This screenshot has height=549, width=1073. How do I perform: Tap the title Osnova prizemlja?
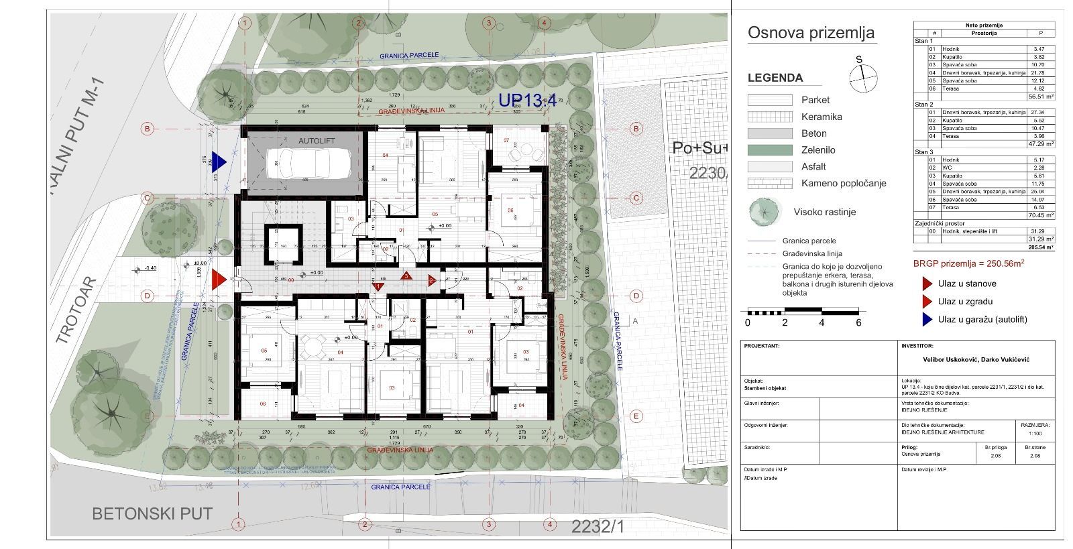pyautogui.click(x=811, y=33)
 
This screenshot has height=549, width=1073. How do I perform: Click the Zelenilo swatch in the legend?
pyautogui.click(x=770, y=150)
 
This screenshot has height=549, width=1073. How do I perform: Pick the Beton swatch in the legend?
pyautogui.click(x=770, y=133)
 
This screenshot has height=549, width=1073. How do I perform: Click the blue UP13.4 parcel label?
pyautogui.click(x=528, y=101)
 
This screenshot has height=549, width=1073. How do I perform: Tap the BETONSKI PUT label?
pyautogui.click(x=152, y=514)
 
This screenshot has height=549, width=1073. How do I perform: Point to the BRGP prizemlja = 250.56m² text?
pyautogui.click(x=968, y=263)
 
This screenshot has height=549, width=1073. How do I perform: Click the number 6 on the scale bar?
pyautogui.click(x=858, y=322)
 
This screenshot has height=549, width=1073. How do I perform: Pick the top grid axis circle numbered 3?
pyautogui.click(x=488, y=23)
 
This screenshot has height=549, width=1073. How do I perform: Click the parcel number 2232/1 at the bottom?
pyautogui.click(x=598, y=527)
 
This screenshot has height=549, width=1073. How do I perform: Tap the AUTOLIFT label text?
pyautogui.click(x=317, y=141)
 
